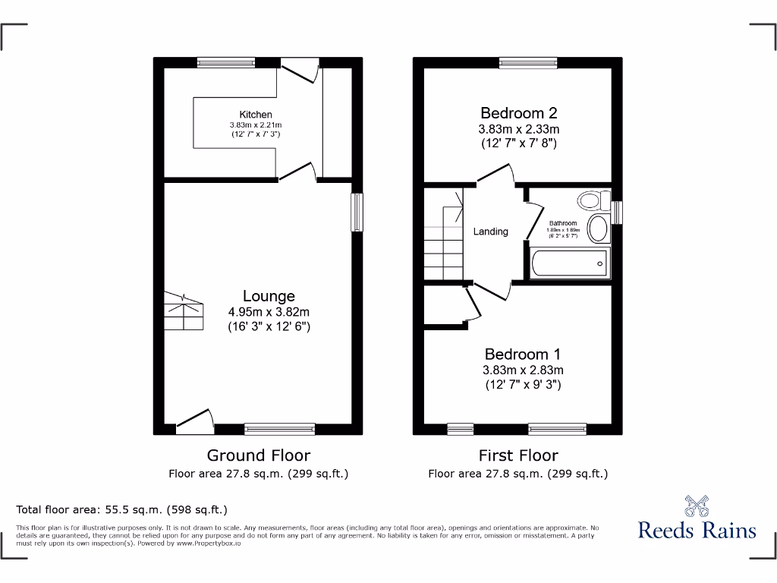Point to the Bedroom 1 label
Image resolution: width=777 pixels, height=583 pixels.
point(523,355)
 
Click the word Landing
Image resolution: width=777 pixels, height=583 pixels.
point(490,232)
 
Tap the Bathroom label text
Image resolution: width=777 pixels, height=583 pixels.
point(563,223)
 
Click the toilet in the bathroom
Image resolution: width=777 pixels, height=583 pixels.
point(593,200)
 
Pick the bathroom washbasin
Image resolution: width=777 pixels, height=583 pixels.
point(598,228)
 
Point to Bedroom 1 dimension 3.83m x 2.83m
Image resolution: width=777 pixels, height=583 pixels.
point(523,370)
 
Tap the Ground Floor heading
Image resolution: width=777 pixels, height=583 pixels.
point(259,455)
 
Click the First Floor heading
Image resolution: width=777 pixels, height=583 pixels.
point(518,455)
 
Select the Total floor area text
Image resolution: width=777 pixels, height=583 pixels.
point(121,510)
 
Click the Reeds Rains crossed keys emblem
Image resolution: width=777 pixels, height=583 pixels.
point(697,505)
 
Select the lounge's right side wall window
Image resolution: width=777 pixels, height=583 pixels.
point(357,212)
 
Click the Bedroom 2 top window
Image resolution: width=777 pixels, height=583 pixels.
point(528,63)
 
